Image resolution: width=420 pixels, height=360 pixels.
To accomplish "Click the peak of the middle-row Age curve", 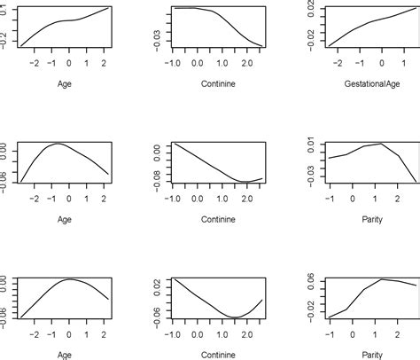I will [56, 144].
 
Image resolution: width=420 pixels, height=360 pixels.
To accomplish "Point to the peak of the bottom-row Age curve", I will [72, 278].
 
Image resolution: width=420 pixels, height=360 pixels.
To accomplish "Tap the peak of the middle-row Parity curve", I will [381, 144].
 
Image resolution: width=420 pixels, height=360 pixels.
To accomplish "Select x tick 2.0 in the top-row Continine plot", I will [241, 62].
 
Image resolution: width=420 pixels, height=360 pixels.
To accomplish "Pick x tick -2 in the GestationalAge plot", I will [336, 62].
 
